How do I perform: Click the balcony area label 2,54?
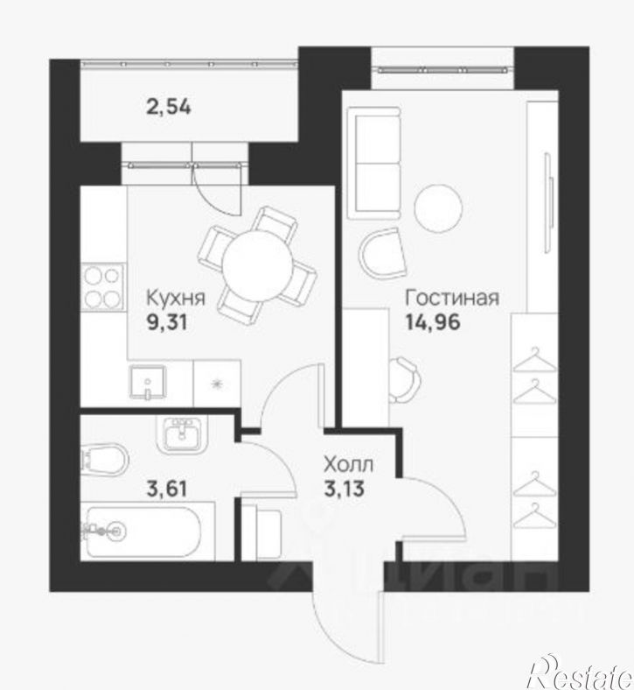click(x=169, y=107)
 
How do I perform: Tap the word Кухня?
click(x=175, y=299)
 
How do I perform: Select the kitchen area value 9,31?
click(x=166, y=323)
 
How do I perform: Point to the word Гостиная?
click(x=452, y=298)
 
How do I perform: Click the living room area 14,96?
click(x=432, y=322)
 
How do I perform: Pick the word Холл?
click(x=348, y=464)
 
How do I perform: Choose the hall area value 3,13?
click(x=344, y=488)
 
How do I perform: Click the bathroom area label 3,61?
click(x=166, y=489)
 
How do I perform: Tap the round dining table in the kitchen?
click(x=257, y=266)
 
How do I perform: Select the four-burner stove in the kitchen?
click(x=103, y=287)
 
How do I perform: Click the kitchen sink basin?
click(x=148, y=383)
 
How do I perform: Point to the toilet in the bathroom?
click(x=105, y=460)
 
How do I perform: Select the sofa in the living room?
click(x=374, y=163)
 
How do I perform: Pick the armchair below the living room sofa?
click(x=382, y=254)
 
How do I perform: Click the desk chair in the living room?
click(x=404, y=379)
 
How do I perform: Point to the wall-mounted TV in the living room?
click(x=547, y=202)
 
